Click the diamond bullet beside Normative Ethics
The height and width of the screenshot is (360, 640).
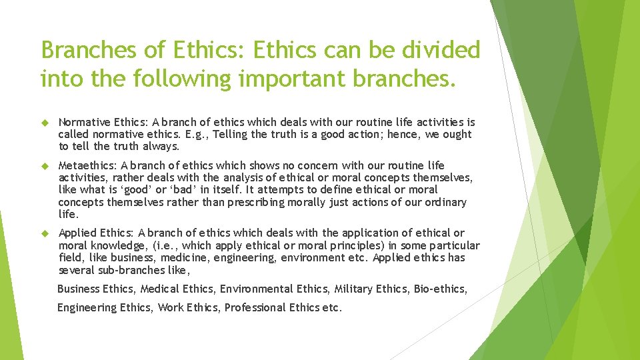[x=45, y=123]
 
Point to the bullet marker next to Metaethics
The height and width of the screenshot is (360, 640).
[x=45, y=165]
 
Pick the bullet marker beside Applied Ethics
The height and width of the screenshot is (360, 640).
[x=45, y=233]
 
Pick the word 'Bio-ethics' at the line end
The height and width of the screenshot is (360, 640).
[x=440, y=289]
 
